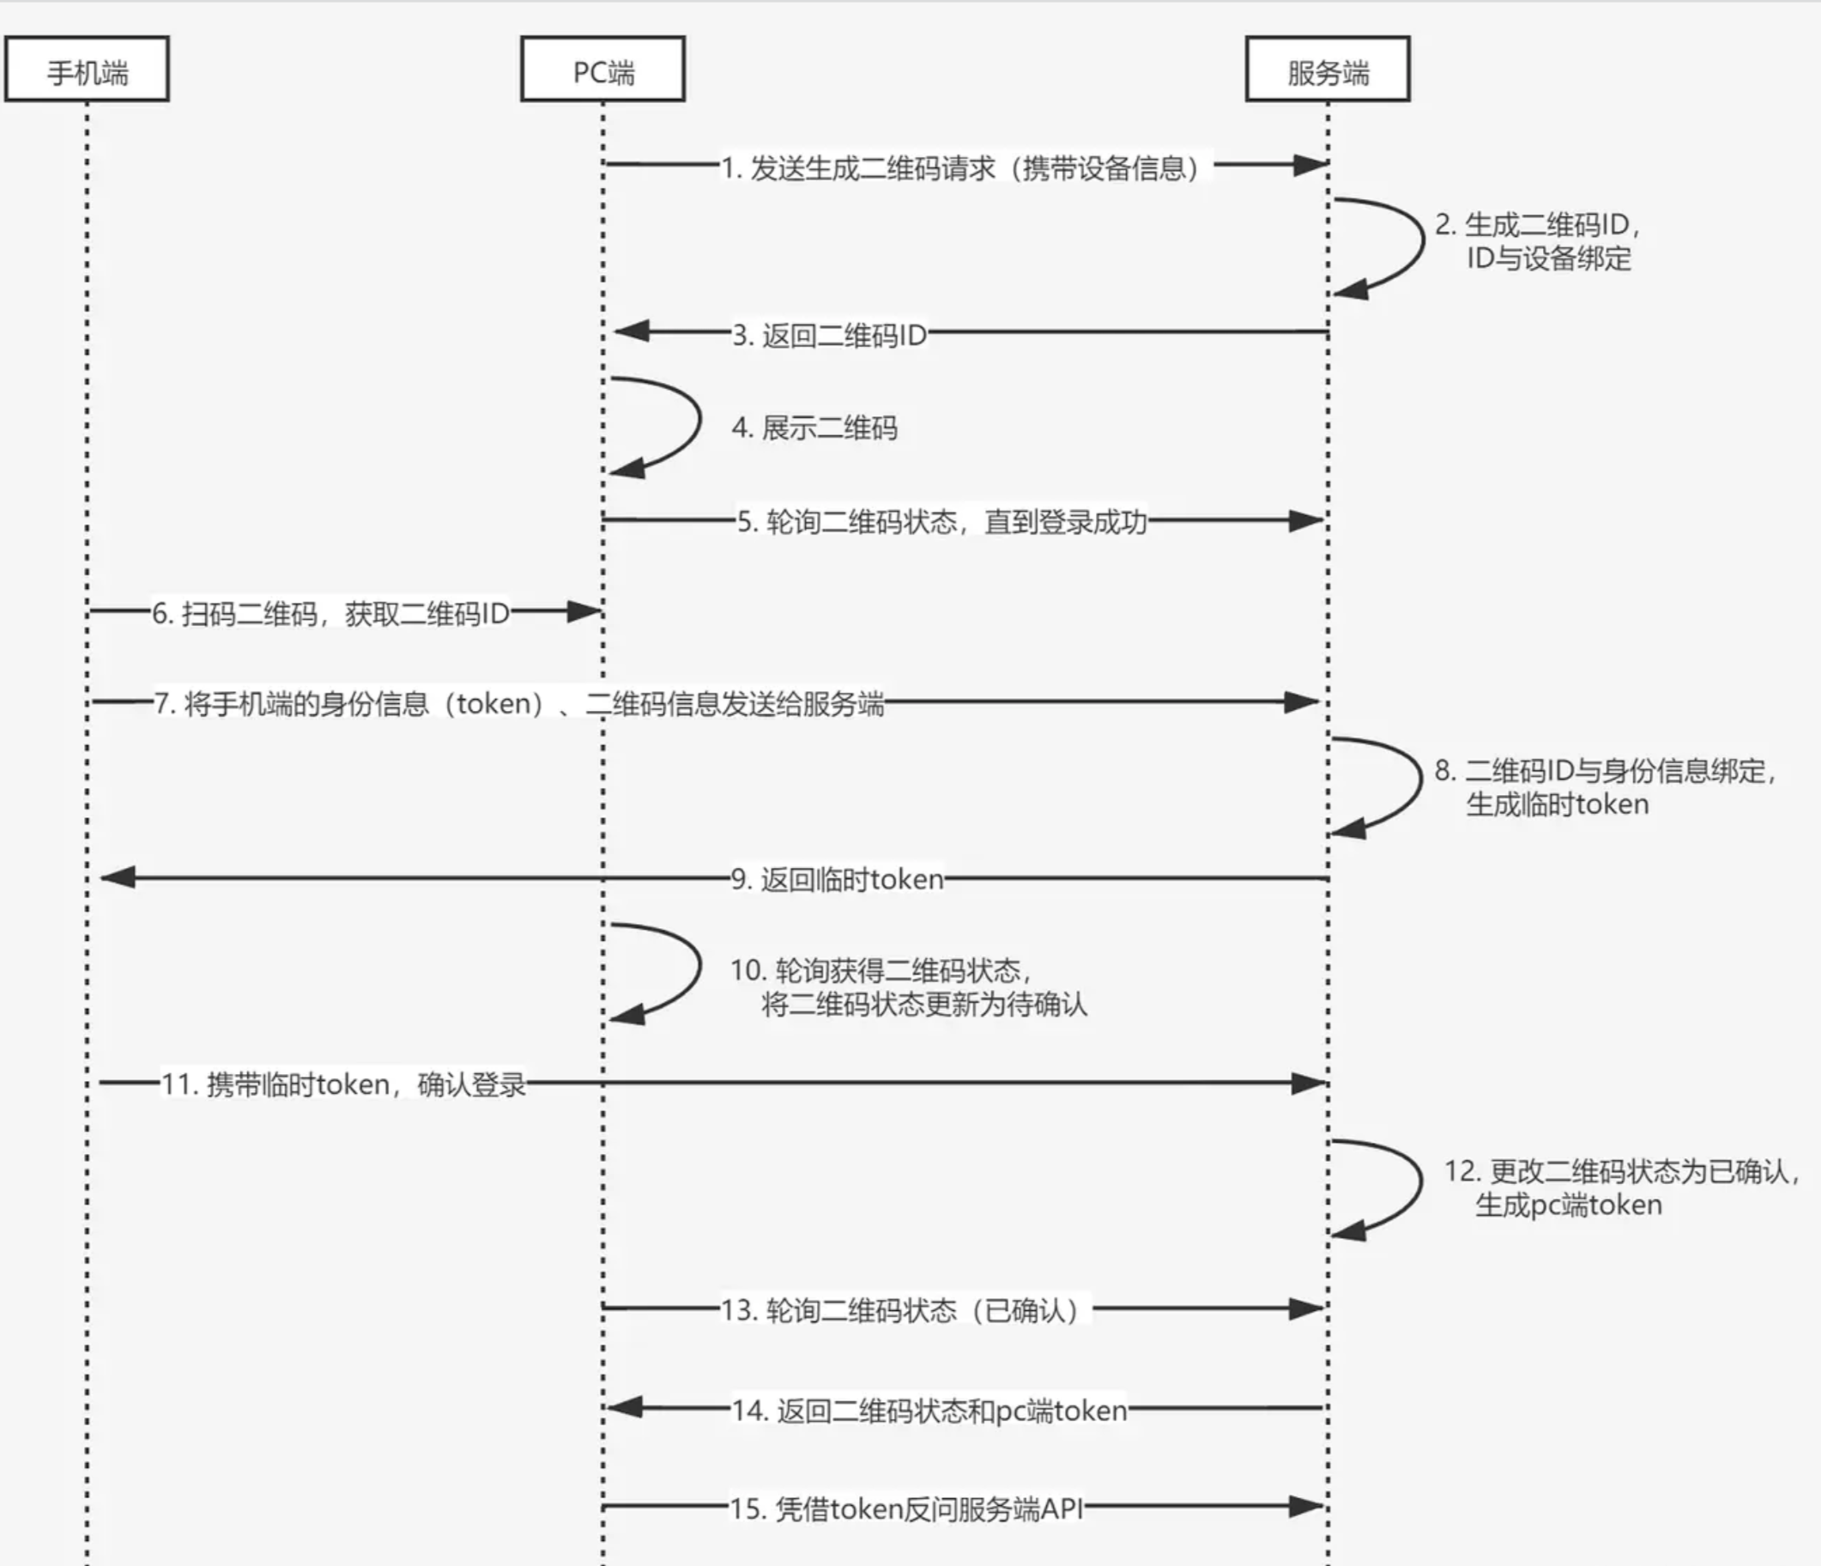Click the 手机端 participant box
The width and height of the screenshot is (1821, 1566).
[x=87, y=70]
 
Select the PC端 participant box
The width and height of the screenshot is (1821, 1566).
[x=603, y=70]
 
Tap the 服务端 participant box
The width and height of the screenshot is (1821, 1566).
[x=1327, y=70]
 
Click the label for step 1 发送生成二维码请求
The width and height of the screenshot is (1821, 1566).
[x=962, y=167]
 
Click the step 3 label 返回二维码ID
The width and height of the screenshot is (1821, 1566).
[x=831, y=335]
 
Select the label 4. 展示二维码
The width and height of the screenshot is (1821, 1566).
[x=814, y=428]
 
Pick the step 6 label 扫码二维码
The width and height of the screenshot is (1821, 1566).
[x=330, y=614]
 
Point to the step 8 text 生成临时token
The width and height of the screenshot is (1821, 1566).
[x=1558, y=804]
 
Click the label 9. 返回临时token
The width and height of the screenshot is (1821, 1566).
[x=838, y=879]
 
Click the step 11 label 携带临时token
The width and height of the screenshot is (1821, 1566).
[x=343, y=1084]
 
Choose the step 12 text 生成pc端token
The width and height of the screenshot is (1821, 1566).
[x=1569, y=1205]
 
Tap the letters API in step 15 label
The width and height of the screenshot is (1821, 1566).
[x=1061, y=1508]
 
